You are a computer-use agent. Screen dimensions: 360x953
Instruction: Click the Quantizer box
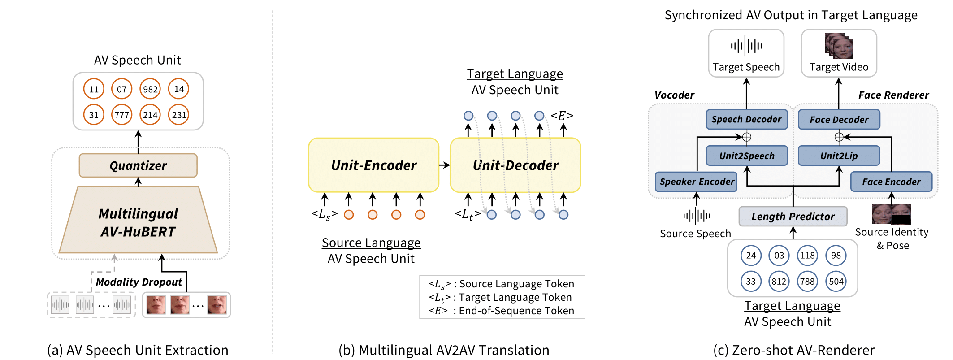[x=138, y=165]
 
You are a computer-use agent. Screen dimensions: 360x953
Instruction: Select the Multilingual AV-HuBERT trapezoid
[x=138, y=222]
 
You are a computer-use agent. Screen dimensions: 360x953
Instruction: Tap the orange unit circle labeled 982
[x=150, y=89]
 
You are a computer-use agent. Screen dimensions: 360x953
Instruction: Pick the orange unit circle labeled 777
[x=122, y=115]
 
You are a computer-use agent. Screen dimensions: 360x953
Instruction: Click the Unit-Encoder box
[x=373, y=165]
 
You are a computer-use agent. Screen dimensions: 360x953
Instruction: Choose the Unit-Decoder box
[x=515, y=165]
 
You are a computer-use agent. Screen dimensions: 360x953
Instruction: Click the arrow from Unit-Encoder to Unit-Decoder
[x=444, y=165]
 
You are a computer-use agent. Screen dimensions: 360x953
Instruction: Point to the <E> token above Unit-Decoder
[x=562, y=116]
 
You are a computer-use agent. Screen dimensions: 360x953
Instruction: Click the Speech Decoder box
[x=746, y=119]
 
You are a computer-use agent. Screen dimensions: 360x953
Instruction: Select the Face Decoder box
[x=839, y=119]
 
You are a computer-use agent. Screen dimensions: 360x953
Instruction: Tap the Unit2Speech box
[x=747, y=156]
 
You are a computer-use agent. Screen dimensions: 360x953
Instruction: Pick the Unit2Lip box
[x=839, y=156]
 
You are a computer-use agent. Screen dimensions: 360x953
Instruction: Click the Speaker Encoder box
[x=696, y=182]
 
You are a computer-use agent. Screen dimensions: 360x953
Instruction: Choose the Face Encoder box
[x=891, y=182]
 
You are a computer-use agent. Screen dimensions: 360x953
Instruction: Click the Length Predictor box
[x=793, y=217]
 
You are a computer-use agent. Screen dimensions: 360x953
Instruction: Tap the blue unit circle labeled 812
[x=779, y=282]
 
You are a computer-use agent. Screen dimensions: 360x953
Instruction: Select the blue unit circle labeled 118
[x=807, y=256]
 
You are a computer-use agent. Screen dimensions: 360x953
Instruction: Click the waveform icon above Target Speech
[x=746, y=46]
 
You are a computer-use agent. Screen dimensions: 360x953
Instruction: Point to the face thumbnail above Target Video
[x=839, y=46]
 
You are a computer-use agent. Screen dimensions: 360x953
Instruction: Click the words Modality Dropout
[x=139, y=282]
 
